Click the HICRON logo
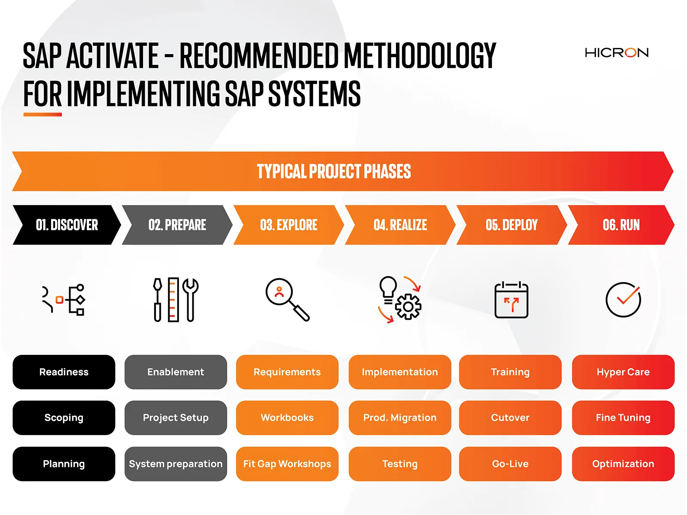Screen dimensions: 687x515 point(616,52)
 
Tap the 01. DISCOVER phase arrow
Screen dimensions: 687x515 point(67,224)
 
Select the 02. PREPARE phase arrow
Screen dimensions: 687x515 point(177,224)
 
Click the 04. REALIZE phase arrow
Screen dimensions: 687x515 point(400,224)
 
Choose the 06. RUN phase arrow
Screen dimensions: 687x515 point(621,224)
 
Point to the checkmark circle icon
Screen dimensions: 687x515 point(623,299)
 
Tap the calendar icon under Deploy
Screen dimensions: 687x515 point(511,299)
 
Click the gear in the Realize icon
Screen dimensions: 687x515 point(408,306)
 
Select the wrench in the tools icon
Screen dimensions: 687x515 point(190,300)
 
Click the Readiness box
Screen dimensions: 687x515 point(64,372)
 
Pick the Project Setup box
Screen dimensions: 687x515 point(176,418)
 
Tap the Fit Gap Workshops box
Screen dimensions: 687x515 point(287,463)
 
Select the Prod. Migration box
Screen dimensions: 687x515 point(400,418)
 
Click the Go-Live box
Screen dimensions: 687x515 point(510,463)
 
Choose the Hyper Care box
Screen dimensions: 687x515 point(623,372)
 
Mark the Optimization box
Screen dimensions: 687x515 point(623,463)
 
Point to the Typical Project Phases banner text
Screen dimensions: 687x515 point(334,171)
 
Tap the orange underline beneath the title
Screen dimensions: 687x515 point(43,115)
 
